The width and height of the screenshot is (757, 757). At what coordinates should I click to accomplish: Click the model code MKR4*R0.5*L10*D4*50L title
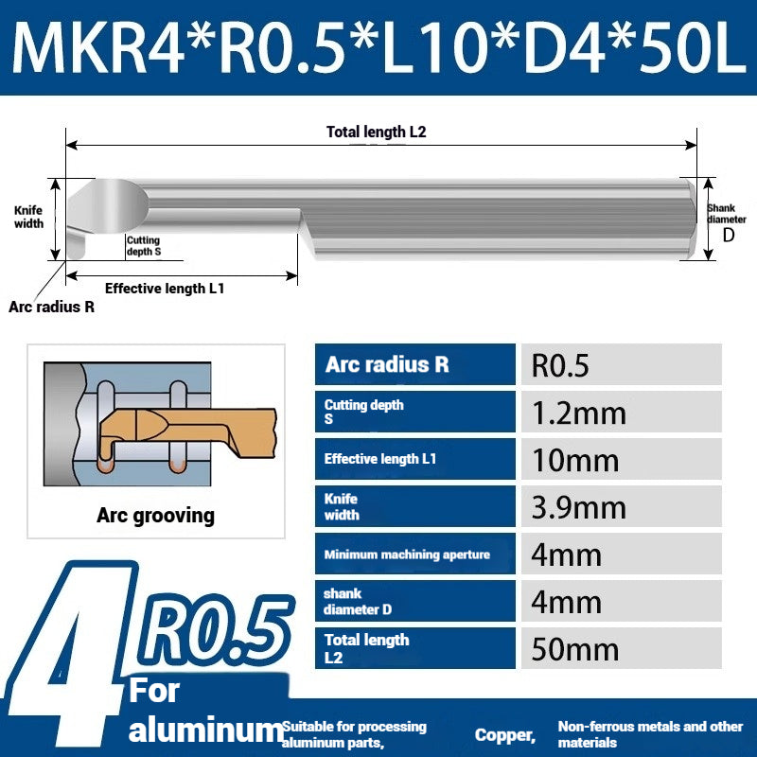[379, 47]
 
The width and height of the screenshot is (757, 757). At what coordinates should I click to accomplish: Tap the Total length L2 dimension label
[376, 132]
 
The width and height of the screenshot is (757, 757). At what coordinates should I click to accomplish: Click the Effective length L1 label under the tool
[165, 289]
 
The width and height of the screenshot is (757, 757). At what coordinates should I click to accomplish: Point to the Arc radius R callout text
[52, 307]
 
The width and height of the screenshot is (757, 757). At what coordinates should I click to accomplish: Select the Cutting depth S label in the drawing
[144, 246]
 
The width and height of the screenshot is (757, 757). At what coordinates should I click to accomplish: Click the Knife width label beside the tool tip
[28, 217]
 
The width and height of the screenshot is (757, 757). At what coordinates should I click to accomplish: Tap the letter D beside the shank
[728, 235]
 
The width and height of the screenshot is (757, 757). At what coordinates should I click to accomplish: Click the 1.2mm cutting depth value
[578, 414]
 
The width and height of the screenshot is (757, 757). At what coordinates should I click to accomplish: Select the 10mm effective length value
[575, 460]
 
